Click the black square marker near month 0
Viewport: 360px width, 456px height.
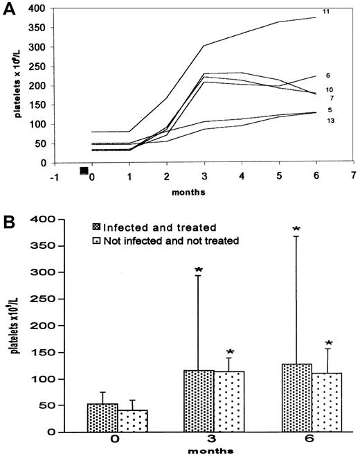84,170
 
